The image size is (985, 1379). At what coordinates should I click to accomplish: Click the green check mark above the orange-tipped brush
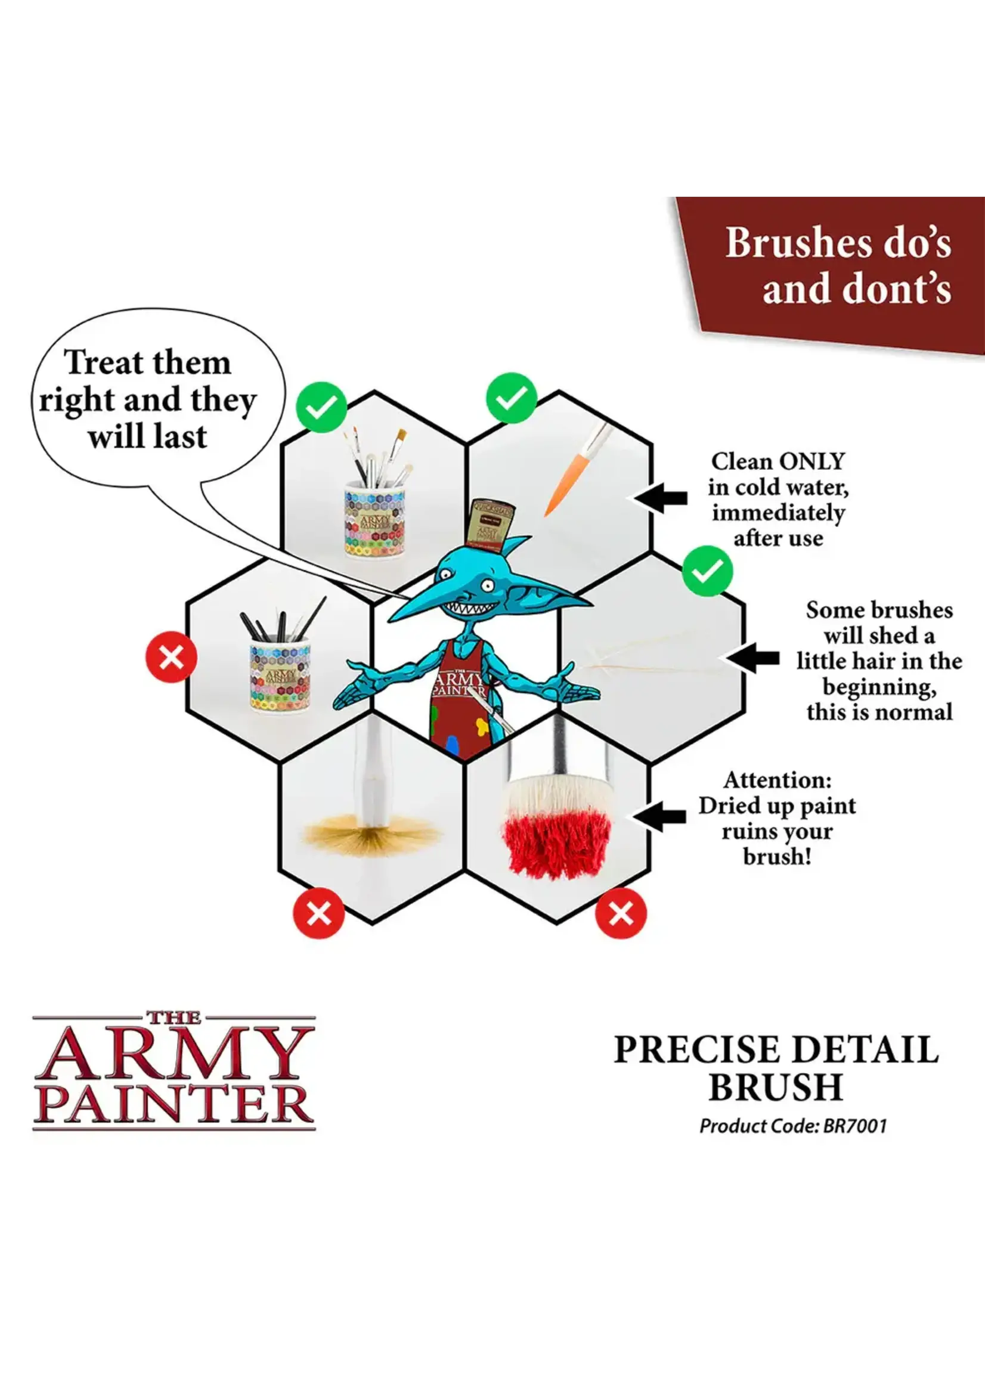click(x=512, y=398)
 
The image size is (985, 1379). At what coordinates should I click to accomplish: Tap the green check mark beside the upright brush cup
click(x=321, y=408)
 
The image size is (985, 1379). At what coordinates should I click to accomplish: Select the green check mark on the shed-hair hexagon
click(x=707, y=571)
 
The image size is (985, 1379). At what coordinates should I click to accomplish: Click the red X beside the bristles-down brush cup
click(x=172, y=657)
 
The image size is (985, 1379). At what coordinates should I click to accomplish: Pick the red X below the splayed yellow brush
click(x=319, y=913)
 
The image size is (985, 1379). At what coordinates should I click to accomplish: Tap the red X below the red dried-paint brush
click(x=621, y=913)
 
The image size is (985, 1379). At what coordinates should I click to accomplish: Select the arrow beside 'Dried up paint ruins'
click(x=659, y=816)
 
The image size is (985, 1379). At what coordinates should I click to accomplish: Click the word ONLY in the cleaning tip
click(x=811, y=461)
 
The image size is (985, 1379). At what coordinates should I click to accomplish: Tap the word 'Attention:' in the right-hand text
click(x=777, y=780)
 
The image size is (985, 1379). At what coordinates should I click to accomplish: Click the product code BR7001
click(x=854, y=1126)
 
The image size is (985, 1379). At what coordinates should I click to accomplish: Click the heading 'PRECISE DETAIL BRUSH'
click(x=776, y=1067)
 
